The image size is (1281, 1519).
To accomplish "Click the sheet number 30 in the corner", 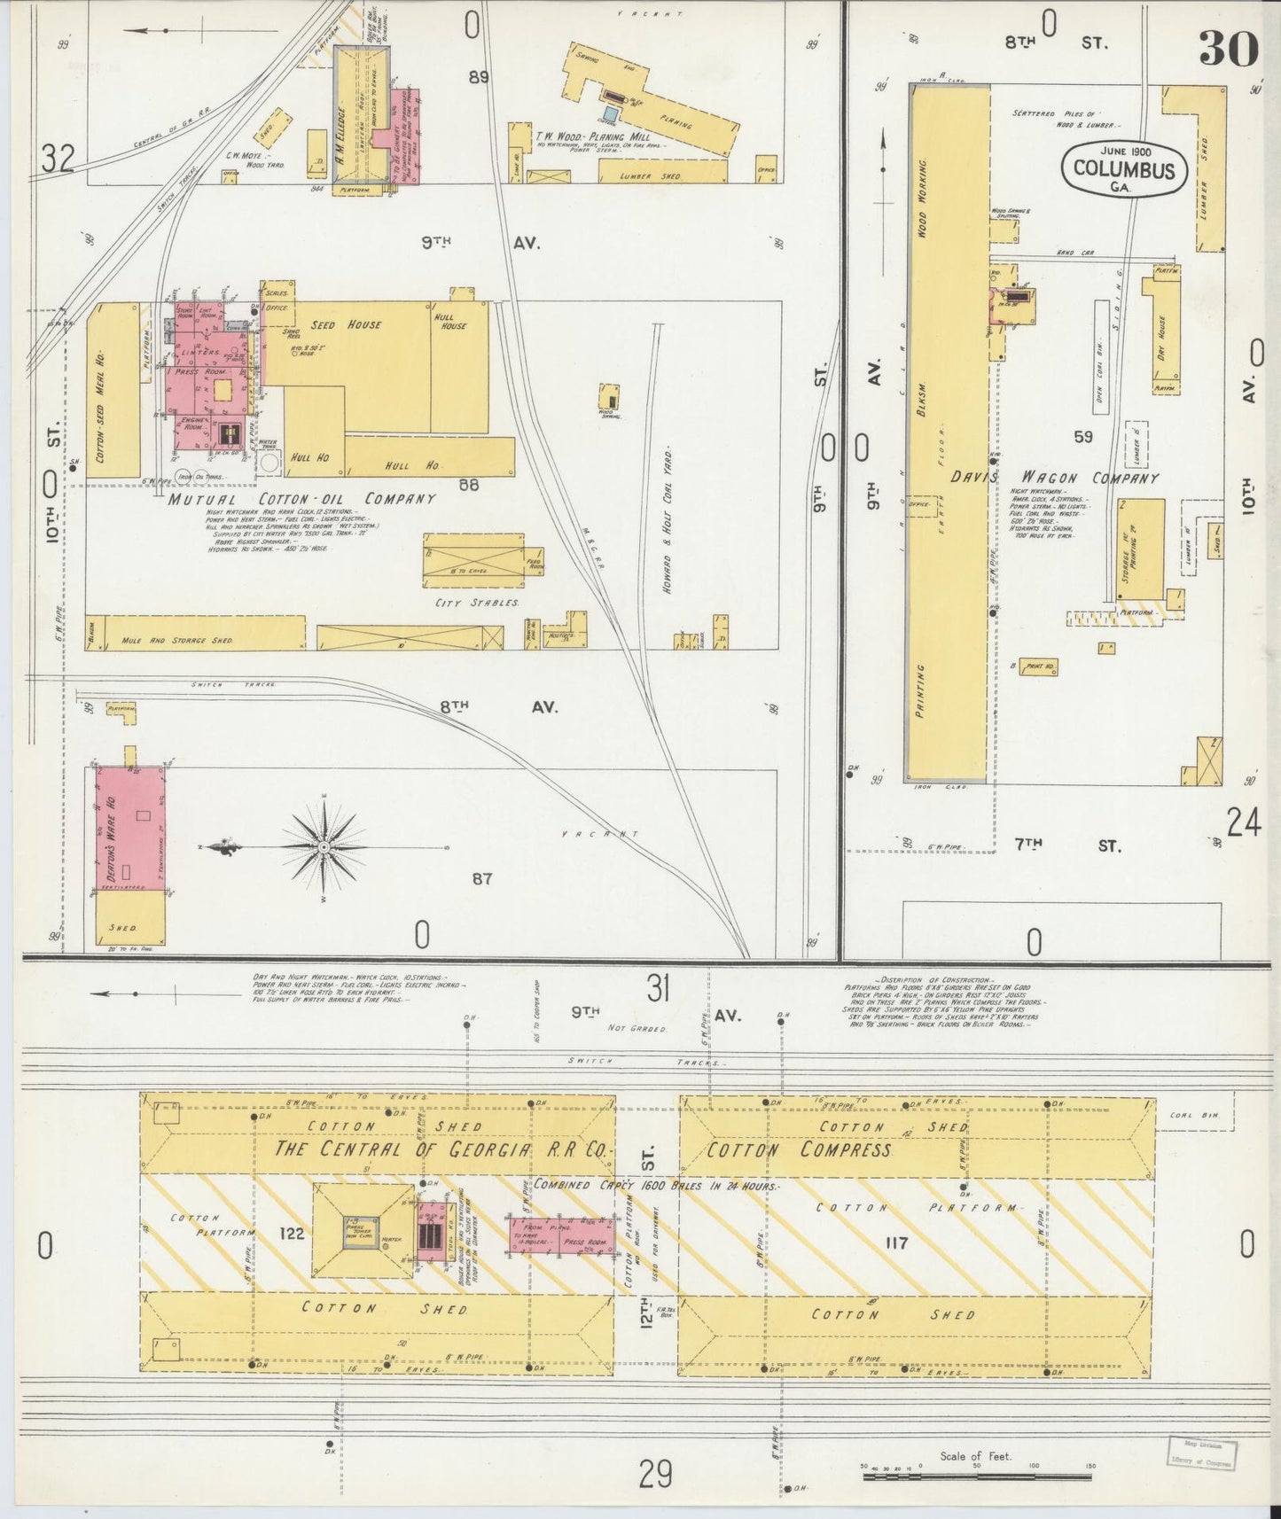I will [1229, 49].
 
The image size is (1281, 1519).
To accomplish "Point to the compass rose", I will [325, 848].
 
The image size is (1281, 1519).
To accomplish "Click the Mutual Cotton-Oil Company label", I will [301, 499].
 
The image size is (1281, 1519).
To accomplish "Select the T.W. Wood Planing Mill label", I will [592, 137].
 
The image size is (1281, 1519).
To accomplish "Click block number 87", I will [481, 878].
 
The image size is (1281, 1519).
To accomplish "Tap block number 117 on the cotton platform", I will [896, 1243].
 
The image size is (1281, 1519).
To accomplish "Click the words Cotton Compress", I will [798, 1149].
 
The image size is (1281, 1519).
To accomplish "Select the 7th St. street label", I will [1067, 845].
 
